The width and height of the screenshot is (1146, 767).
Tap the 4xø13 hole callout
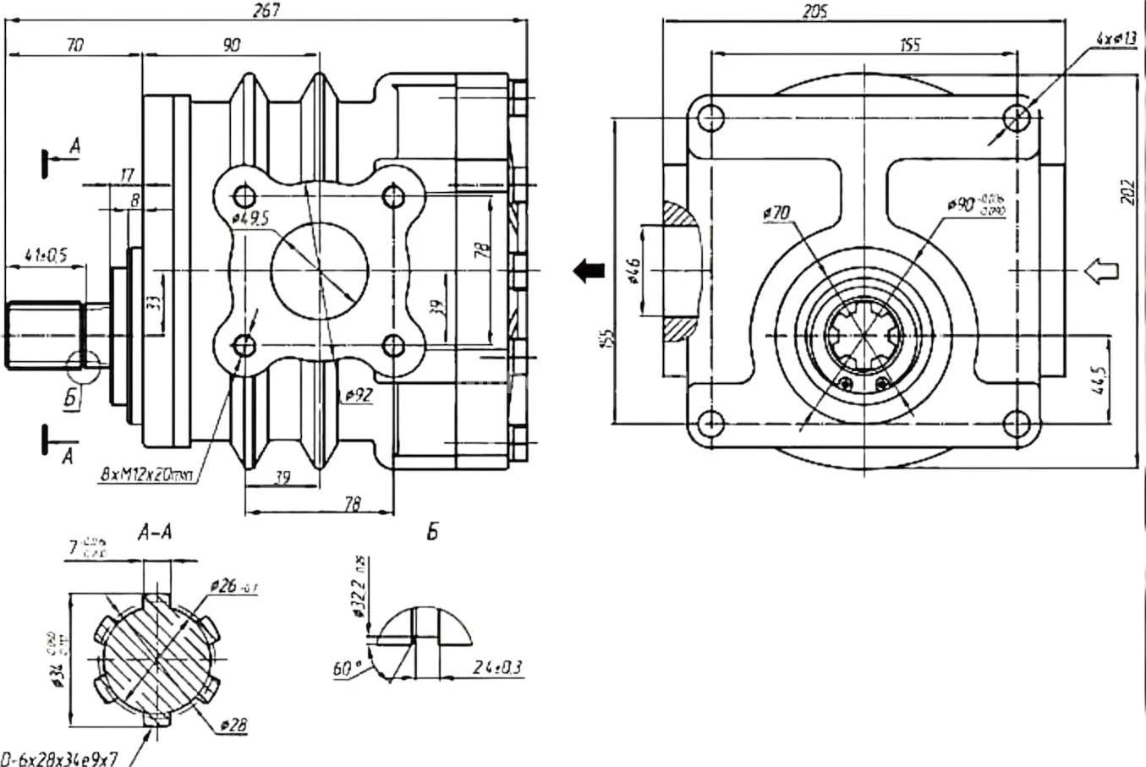coord(1116,38)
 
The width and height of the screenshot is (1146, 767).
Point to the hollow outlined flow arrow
coord(1099,271)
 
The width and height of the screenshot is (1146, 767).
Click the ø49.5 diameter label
coord(249,218)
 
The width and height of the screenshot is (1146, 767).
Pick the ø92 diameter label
coord(359,394)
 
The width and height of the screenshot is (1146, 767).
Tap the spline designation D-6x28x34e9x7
coord(59,759)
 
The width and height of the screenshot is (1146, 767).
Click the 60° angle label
coord(344,669)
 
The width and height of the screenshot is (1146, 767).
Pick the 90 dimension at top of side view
coord(231,47)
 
